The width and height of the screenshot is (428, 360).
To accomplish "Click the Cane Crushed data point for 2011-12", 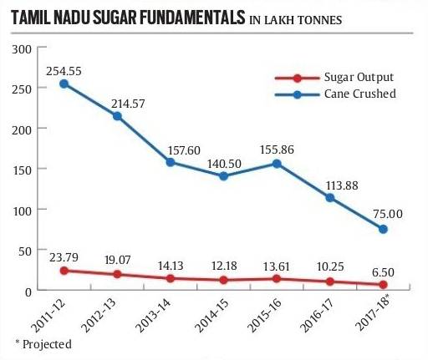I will tap(64, 84).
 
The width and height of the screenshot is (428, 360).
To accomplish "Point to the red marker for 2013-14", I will tap(171, 278).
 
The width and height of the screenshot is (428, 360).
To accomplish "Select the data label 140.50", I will tap(224, 160).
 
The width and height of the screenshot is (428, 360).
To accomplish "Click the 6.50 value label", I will tap(385, 271).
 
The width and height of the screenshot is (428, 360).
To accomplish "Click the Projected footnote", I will tap(43, 343).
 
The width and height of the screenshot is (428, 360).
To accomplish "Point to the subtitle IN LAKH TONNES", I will tap(296, 18).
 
